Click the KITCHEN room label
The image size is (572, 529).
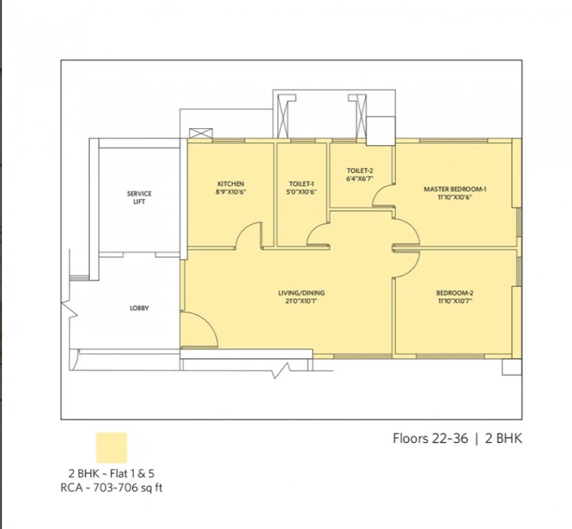click(x=231, y=184)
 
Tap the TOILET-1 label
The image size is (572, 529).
click(x=301, y=184)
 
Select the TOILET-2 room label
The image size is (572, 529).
click(x=360, y=171)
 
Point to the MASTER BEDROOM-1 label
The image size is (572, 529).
click(x=455, y=189)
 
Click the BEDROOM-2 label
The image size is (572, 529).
click(x=455, y=293)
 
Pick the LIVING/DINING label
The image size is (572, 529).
click(x=301, y=293)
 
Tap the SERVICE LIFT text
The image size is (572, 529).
click(x=139, y=198)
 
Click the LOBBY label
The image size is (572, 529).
click(x=139, y=308)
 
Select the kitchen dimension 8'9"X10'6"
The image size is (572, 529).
click(x=231, y=192)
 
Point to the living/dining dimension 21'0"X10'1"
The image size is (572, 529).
click(x=301, y=301)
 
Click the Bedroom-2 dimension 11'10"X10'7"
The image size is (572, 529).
click(x=455, y=301)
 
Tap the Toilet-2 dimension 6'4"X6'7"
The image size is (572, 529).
click(x=360, y=179)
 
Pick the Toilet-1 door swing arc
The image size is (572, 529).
click(x=313, y=229)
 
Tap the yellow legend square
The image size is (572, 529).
click(x=112, y=448)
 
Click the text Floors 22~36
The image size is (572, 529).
click(x=430, y=438)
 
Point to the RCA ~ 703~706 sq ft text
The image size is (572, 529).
click(x=111, y=488)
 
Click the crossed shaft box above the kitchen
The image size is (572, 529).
click(x=201, y=134)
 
